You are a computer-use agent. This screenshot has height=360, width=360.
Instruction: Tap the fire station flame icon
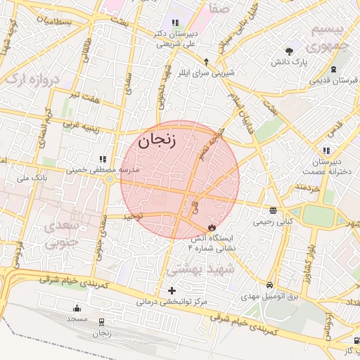pos(212,227)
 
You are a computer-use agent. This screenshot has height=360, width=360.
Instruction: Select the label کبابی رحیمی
pos(272,222)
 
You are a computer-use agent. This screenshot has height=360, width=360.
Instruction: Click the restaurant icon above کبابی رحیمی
pos(272,210)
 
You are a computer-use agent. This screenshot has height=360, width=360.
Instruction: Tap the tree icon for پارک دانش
pos(289,50)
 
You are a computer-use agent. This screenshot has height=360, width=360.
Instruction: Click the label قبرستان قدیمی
pos(334,80)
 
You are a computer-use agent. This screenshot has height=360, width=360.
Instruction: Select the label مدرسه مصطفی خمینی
pos(103,170)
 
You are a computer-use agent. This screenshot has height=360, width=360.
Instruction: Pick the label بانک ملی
pos(31,178)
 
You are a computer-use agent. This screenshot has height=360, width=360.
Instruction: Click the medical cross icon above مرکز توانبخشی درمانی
pos(172,290)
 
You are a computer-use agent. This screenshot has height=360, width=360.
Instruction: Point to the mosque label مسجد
pos(76,319)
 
